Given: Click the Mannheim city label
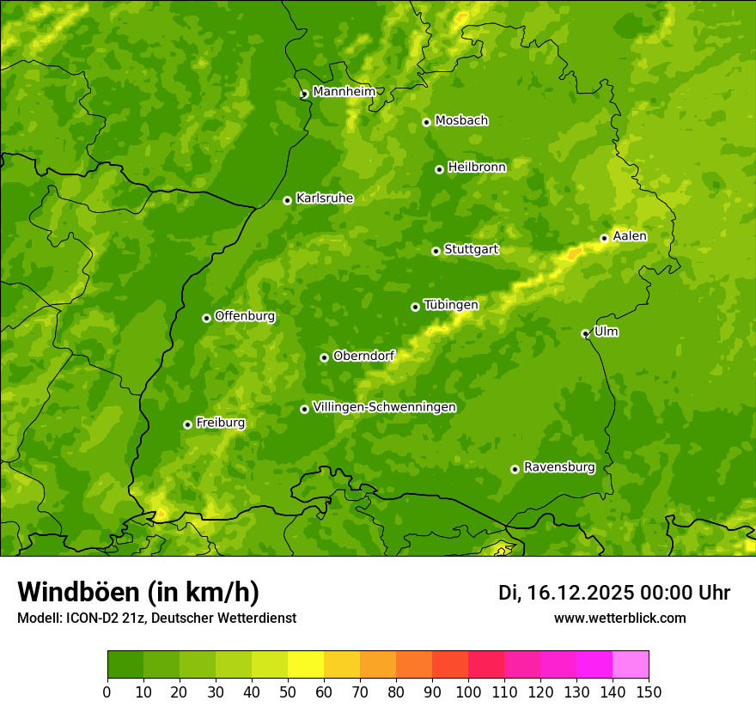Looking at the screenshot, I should click(x=344, y=92).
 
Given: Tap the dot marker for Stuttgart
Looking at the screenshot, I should click(x=436, y=251).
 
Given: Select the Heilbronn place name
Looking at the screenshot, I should click(x=477, y=168).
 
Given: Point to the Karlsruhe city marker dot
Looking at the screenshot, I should click(x=287, y=200).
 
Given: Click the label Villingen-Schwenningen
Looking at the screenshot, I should click(x=384, y=407).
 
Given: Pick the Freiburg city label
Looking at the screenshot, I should click(x=220, y=423).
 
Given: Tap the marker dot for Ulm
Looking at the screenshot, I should click(x=585, y=333).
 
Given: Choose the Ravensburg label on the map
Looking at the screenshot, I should click(x=558, y=467).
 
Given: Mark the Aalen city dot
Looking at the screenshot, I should click(x=604, y=238).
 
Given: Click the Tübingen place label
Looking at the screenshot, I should click(x=450, y=305).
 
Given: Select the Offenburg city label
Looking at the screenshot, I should click(x=245, y=316).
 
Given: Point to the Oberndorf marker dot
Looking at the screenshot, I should click(x=324, y=357).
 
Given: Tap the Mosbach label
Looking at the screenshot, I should click(x=460, y=121).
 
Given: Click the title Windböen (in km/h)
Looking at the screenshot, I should click(x=138, y=592).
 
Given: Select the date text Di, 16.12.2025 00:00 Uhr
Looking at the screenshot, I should click(x=614, y=593).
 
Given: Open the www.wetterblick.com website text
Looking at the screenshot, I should click(x=619, y=618).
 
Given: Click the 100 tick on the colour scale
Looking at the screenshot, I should click(x=468, y=692).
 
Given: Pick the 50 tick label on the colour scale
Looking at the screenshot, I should click(x=288, y=692).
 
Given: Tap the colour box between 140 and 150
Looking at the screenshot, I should click(x=631, y=664).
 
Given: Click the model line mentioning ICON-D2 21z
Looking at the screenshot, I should click(x=156, y=618).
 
